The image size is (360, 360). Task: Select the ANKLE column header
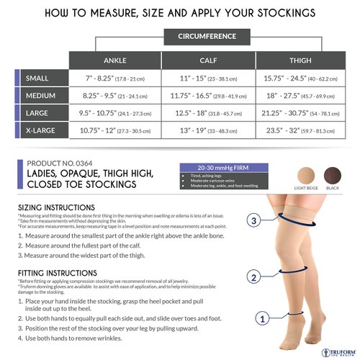click(x=114, y=60)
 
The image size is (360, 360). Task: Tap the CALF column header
click(x=207, y=60)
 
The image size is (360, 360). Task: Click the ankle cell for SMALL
click(x=114, y=78)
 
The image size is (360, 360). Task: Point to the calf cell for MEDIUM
click(x=207, y=96)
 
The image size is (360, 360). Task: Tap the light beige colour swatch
click(x=306, y=175)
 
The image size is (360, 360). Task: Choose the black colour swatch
click(x=333, y=175)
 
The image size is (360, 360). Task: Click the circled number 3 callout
click(x=253, y=220)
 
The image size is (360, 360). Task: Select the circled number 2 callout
click(x=253, y=276)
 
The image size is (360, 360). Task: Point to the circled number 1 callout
click(x=264, y=315)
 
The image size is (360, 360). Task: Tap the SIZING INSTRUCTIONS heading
click(x=61, y=207)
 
